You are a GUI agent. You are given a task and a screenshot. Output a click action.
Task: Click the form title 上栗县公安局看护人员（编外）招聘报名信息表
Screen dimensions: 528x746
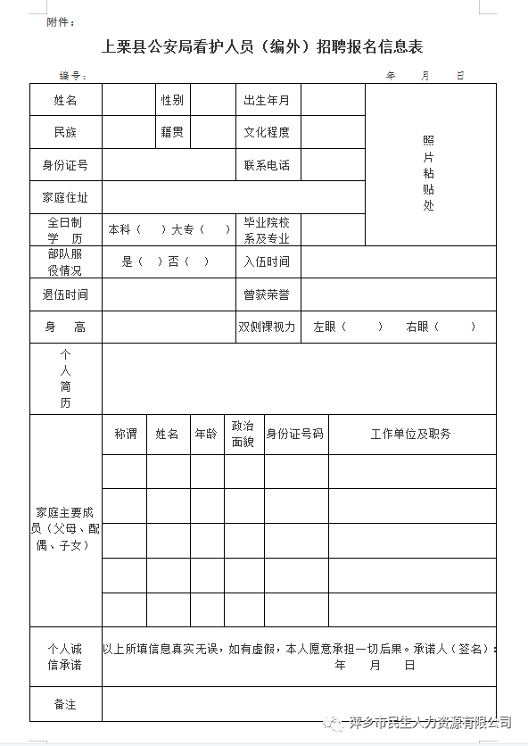[x=263, y=46]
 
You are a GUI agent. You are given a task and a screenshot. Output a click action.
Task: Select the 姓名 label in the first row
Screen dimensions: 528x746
[x=65, y=100]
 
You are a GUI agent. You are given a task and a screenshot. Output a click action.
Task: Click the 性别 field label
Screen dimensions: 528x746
[x=172, y=100]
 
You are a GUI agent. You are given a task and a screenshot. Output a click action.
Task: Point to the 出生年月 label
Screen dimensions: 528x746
[x=267, y=100]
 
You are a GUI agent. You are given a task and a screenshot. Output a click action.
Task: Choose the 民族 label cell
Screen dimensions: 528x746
[x=65, y=132]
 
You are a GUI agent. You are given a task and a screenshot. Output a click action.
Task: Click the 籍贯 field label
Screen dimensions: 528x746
[x=172, y=132]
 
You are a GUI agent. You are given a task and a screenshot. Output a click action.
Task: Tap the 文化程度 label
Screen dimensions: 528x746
[x=267, y=132]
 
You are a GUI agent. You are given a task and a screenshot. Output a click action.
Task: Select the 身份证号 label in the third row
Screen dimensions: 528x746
[x=65, y=165]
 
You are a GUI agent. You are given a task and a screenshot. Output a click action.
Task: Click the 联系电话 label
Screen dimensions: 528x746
[x=267, y=165]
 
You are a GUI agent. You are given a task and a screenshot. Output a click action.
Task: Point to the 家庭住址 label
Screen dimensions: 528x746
[x=65, y=197]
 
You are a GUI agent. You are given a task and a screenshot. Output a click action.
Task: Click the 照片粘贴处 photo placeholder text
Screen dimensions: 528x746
[x=429, y=173]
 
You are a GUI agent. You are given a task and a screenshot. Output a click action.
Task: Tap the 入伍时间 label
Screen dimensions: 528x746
[x=267, y=262]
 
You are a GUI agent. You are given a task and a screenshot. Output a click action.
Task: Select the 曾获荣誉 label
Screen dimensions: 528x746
[x=267, y=294]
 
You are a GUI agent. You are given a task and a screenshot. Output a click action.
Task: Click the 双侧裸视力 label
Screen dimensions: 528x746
[x=267, y=327]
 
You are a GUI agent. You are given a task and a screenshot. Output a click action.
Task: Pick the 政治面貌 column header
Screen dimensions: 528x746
[x=243, y=434]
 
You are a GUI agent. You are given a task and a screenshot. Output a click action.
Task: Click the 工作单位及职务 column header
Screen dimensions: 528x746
[x=411, y=434]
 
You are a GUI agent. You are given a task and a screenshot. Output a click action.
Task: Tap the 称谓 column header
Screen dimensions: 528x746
[x=126, y=434]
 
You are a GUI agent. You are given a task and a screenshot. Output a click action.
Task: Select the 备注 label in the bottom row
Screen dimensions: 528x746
[x=65, y=704]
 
